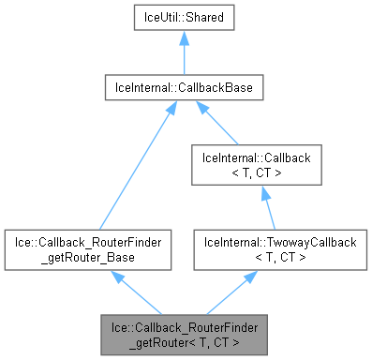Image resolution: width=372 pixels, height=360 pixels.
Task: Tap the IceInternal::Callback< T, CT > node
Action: (x=256, y=164)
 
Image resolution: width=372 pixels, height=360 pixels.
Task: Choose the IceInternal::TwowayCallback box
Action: (x=256, y=248)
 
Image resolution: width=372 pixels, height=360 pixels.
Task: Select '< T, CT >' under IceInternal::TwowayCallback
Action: (x=256, y=256)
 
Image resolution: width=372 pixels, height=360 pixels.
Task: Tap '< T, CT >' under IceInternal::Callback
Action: (x=256, y=172)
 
